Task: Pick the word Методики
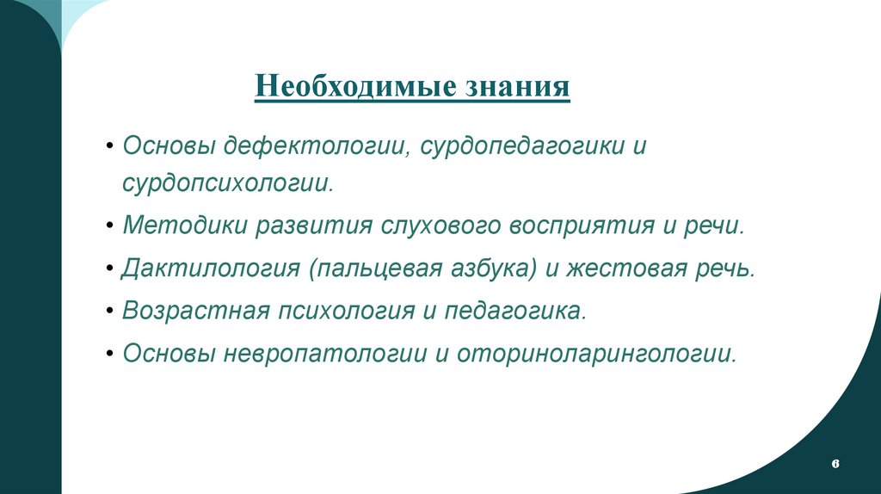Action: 184,226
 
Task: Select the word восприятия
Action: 576,226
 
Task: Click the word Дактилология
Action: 211,269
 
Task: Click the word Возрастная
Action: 195,310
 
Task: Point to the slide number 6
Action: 835,464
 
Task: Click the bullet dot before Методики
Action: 113,227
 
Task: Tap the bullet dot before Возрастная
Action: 113,311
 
